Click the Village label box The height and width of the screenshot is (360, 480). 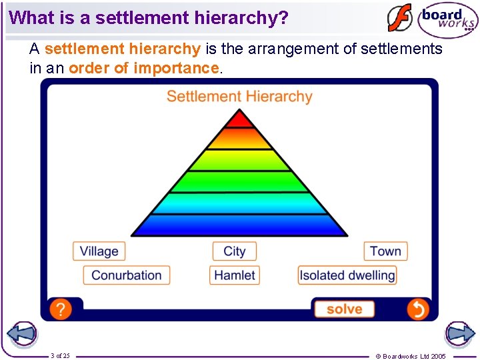tap(99, 251)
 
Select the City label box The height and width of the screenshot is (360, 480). tap(234, 251)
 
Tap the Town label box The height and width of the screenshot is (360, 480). tap(385, 251)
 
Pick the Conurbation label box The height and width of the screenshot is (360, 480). tap(127, 275)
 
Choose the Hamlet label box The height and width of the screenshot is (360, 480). tap(235, 275)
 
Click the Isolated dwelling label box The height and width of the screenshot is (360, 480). tap(347, 275)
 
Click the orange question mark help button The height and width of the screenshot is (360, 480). tap(60, 309)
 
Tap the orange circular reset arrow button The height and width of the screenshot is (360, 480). tap(417, 309)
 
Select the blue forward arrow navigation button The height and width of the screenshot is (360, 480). tap(459, 334)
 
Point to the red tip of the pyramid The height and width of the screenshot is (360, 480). tap(239, 120)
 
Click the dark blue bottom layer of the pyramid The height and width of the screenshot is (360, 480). tap(239, 225)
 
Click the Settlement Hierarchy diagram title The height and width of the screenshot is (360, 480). tap(239, 97)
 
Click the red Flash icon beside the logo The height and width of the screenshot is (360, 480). tap(400, 18)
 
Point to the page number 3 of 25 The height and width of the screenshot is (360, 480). tap(61, 356)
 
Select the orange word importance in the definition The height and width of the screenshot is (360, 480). tap(176, 68)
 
